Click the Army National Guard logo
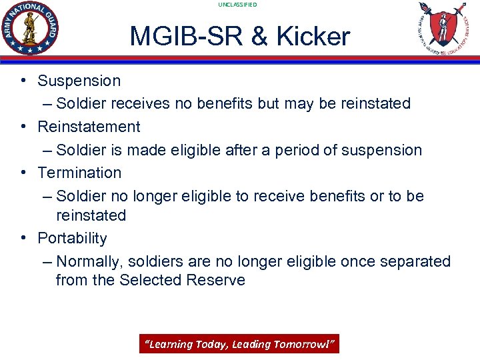pos(31,28)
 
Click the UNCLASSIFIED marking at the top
pos(237,5)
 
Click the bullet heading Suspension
pos(79,81)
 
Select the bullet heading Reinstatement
pos(89,127)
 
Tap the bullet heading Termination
pos(79,173)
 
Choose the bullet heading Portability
pos(72,238)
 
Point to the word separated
pos(416,261)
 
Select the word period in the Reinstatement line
pos(299,150)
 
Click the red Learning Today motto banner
pos(239,344)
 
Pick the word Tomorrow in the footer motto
pos(308,344)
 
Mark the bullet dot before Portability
pos(23,238)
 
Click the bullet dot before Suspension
pos(23,81)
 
